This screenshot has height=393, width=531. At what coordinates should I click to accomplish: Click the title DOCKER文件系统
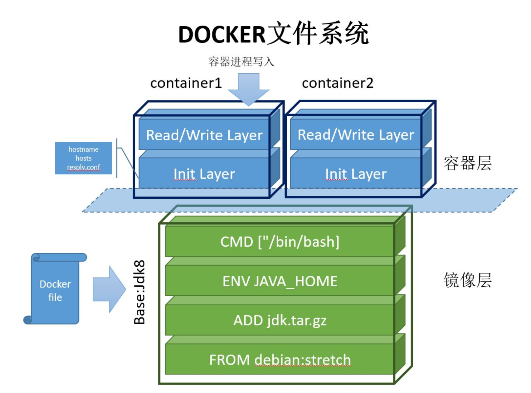pos(273,34)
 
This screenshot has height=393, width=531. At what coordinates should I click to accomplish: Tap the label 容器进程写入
pos(241,62)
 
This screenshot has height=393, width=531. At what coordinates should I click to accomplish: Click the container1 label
pos(186,83)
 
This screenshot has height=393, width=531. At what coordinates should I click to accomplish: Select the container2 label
pos(338,83)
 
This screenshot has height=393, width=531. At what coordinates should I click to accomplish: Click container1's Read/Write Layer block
pos(204,135)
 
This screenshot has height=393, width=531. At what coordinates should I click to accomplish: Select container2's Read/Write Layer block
pos(356,135)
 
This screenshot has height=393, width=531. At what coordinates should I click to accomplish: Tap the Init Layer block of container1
pos(204,174)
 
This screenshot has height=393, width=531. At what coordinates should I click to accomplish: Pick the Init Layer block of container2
pos(356,174)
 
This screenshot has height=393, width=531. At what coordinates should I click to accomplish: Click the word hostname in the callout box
pos(83,149)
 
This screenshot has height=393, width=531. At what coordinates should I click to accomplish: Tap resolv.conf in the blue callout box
pos(84,167)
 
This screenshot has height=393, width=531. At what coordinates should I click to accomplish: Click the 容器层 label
pos(467,163)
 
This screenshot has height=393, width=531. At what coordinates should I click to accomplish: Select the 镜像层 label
pos(467,280)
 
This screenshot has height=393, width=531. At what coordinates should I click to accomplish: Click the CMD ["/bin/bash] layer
pos(280,242)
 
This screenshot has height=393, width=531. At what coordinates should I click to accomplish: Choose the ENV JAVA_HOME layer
pos(280,281)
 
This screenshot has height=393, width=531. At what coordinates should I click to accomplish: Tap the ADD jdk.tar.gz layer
pos(280,320)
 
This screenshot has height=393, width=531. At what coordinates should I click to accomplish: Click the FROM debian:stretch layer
pos(280,360)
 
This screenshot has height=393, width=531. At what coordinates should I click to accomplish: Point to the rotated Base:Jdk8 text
pos(139,292)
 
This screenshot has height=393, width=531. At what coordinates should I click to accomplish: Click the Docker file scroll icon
pos(55,290)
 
